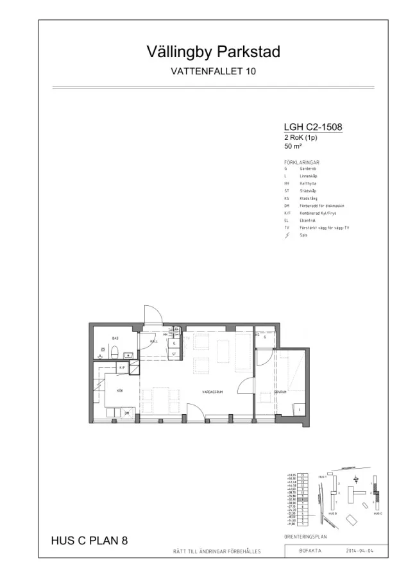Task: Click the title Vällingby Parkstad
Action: (x=204, y=52)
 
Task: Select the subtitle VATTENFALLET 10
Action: (x=204, y=71)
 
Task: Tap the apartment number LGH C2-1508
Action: (x=312, y=127)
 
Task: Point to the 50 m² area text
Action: (x=293, y=146)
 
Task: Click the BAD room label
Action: (x=115, y=337)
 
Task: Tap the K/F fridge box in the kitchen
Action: (x=123, y=367)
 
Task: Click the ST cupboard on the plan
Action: (x=174, y=353)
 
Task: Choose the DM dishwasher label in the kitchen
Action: (x=127, y=414)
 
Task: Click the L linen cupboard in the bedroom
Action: (x=299, y=408)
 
